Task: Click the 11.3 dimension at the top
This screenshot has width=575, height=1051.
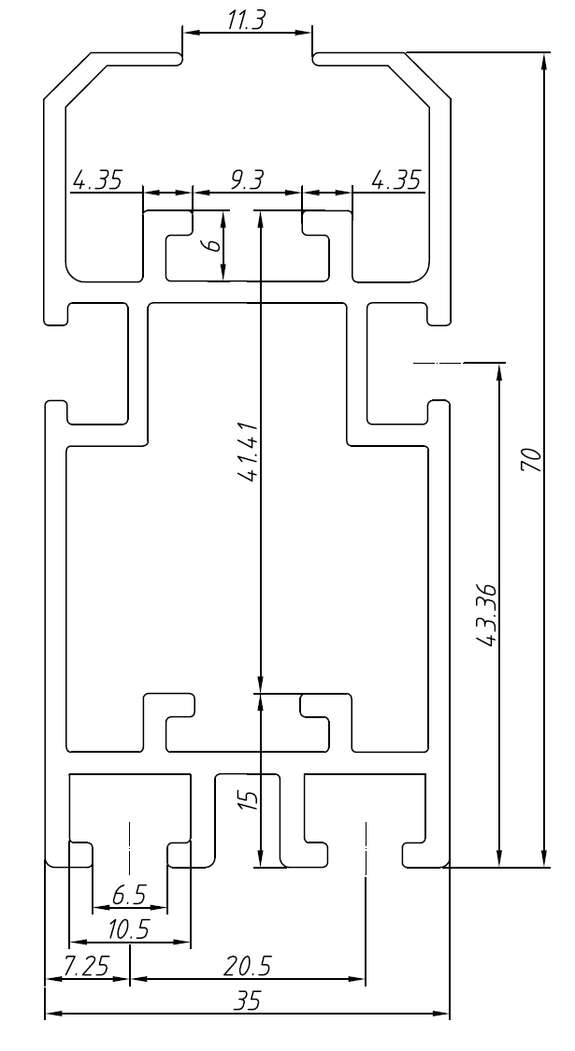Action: click(246, 21)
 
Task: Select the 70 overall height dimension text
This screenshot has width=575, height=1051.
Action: click(531, 460)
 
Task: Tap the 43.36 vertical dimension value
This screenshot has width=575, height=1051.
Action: click(486, 614)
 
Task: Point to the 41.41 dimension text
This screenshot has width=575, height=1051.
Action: click(248, 452)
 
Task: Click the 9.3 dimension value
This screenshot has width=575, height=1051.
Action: click(247, 180)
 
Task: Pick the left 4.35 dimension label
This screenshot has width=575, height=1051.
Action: click(98, 180)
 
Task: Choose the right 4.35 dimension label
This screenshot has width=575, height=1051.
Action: click(396, 180)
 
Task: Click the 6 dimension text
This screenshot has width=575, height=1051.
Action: click(212, 245)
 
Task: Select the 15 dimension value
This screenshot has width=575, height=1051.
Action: click(248, 799)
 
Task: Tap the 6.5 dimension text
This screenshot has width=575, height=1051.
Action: click(129, 895)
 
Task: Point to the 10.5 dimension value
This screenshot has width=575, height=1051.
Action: click(129, 929)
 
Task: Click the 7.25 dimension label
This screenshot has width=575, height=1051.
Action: click(86, 967)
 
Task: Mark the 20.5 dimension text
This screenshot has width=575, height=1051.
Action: click(247, 967)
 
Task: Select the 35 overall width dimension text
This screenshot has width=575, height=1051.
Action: click(247, 1001)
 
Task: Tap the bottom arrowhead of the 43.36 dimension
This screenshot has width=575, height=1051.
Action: click(499, 858)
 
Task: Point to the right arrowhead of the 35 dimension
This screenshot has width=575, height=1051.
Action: click(441, 1014)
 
